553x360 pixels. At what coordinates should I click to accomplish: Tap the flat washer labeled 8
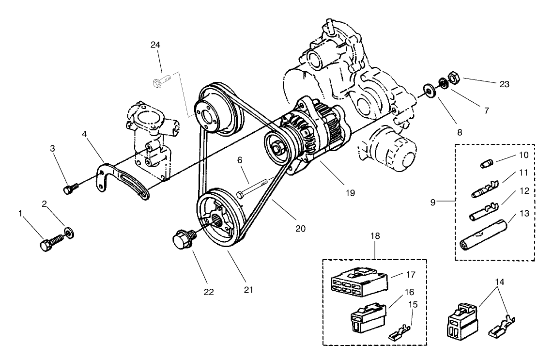429,90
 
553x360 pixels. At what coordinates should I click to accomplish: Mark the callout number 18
376,236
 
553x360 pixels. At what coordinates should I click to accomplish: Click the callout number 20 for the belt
300,227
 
